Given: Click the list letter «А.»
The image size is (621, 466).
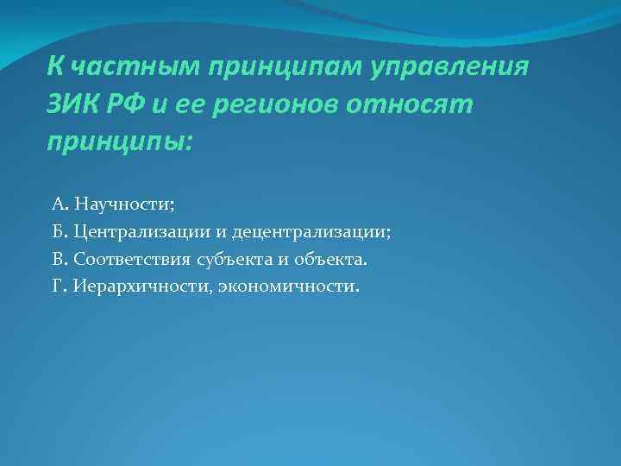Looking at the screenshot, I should tap(60, 205).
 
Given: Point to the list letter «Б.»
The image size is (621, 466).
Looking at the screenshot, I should tap(60, 231).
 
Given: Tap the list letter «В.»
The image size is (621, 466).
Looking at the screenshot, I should tap(60, 258).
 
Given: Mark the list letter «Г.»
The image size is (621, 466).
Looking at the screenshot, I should tap(60, 285).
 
